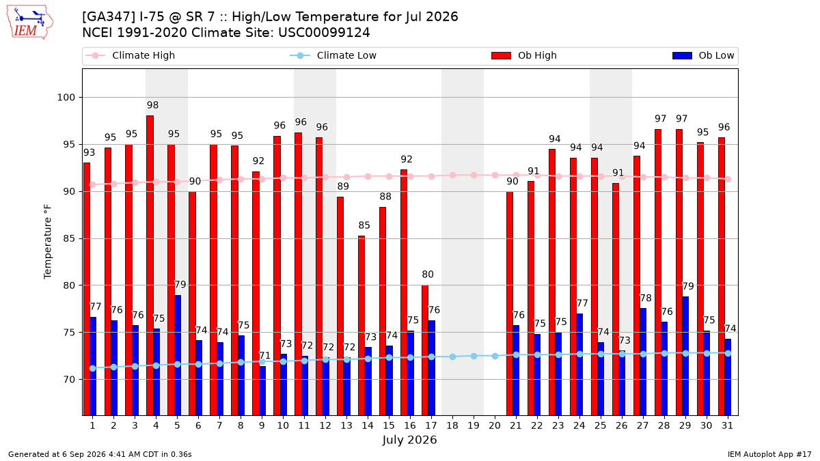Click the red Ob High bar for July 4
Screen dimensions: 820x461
click(x=150, y=265)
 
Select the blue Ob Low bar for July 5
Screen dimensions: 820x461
click(x=178, y=355)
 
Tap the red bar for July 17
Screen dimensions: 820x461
click(x=425, y=350)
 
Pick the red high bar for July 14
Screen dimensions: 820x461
click(x=361, y=326)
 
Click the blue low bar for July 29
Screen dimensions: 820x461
click(x=685, y=356)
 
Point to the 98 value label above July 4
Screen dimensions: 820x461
click(x=152, y=105)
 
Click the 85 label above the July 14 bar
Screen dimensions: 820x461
click(x=364, y=225)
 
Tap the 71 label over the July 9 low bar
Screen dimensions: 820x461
click(x=264, y=356)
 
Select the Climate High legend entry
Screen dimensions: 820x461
click(x=130, y=55)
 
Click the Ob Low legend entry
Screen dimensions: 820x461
click(x=703, y=55)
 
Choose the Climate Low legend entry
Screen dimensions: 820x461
click(x=333, y=55)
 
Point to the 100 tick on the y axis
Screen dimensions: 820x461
click(x=66, y=98)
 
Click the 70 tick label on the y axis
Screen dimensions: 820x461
click(x=69, y=380)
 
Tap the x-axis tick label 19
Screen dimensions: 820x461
click(x=474, y=425)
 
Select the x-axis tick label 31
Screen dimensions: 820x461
click(x=727, y=425)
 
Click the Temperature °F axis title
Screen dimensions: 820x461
click(x=48, y=242)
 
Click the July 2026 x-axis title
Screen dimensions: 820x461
click(x=409, y=440)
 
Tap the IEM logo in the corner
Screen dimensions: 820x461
click(x=30, y=23)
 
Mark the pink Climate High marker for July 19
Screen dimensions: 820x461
click(x=474, y=176)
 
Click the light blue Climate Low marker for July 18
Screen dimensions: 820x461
click(x=452, y=357)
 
